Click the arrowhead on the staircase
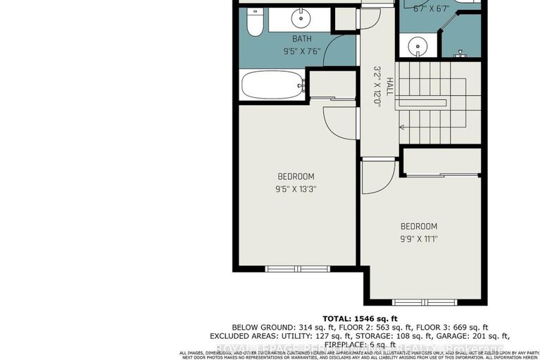coord(402,127)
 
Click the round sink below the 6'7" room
coord(419,47)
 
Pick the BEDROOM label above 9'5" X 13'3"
coord(296,176)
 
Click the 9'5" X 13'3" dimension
coord(296,188)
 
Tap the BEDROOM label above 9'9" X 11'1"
coord(419,226)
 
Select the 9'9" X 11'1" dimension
coord(419,239)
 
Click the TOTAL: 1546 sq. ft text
coord(359,318)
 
